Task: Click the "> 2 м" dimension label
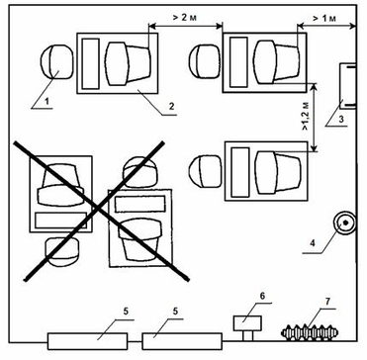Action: (185, 18)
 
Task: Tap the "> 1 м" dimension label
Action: (324, 18)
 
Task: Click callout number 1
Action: (47, 102)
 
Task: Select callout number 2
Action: (171, 107)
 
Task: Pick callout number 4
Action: (313, 244)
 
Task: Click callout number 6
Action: (262, 296)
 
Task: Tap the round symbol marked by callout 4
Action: (345, 223)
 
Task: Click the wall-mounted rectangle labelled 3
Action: (348, 86)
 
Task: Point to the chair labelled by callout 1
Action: (56, 61)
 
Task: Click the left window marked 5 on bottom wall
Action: (87, 341)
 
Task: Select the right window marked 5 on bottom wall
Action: (182, 341)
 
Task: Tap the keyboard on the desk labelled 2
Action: (91, 63)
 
